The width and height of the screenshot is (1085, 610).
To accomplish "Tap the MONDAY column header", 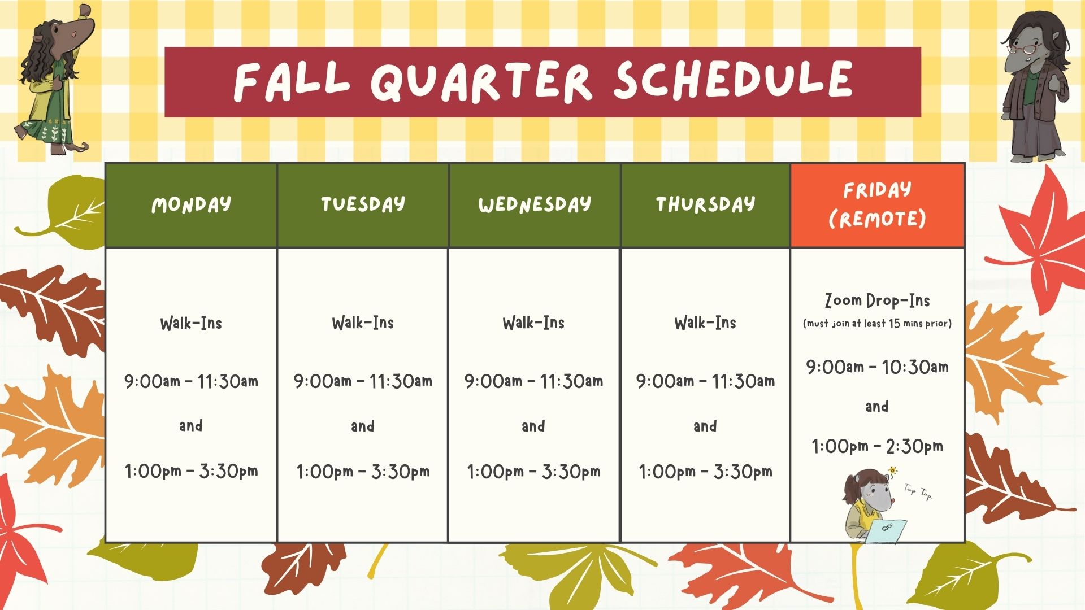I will [x=191, y=204].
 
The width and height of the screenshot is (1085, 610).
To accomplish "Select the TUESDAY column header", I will [x=363, y=204].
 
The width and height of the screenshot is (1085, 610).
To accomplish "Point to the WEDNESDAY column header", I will [x=534, y=204].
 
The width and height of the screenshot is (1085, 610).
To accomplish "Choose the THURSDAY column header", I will [x=705, y=204].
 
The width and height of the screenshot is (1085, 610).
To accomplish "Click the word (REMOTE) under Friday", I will [x=877, y=219].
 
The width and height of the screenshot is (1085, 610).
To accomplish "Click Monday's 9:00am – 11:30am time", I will [x=191, y=381].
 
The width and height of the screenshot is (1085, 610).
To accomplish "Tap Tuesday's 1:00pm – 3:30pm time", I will [x=363, y=471].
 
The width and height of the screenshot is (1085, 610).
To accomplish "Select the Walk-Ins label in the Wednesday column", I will [x=533, y=323].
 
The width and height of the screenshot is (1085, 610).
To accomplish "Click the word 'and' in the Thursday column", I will [x=705, y=426].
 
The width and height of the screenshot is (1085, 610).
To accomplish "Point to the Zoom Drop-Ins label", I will [x=877, y=300].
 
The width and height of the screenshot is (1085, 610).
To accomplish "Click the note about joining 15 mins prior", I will [x=877, y=324].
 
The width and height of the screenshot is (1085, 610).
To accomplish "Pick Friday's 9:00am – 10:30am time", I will [x=877, y=367].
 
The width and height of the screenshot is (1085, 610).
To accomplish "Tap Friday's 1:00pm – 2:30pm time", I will [x=877, y=447].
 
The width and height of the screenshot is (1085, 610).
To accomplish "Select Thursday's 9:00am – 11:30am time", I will [x=705, y=381].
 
